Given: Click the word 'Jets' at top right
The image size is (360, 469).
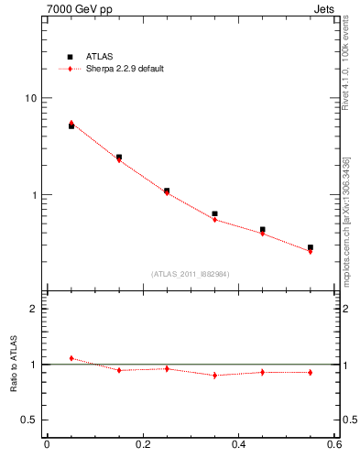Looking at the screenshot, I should (x=326, y=8).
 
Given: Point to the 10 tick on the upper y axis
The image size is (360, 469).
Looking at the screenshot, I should (x=29, y=98).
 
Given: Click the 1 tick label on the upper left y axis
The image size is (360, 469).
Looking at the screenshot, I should (x=33, y=195).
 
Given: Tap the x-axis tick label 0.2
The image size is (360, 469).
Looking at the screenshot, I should (x=142, y=445).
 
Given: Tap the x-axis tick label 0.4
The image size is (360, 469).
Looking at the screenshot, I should (x=238, y=445).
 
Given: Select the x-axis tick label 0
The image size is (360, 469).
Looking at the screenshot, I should (x=47, y=445).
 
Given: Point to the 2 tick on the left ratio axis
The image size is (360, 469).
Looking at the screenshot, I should (x=33, y=309).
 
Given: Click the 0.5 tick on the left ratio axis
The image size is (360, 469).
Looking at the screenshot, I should (x=29, y=420).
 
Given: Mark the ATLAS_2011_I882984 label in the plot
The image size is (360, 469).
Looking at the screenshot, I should (x=191, y=274).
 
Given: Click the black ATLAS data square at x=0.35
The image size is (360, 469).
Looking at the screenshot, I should (x=214, y=213).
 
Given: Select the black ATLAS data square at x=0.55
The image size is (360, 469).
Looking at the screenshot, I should (x=311, y=247).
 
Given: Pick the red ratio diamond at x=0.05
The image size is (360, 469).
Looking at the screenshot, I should (x=71, y=358).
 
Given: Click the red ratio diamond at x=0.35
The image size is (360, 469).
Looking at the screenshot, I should (x=214, y=375).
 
